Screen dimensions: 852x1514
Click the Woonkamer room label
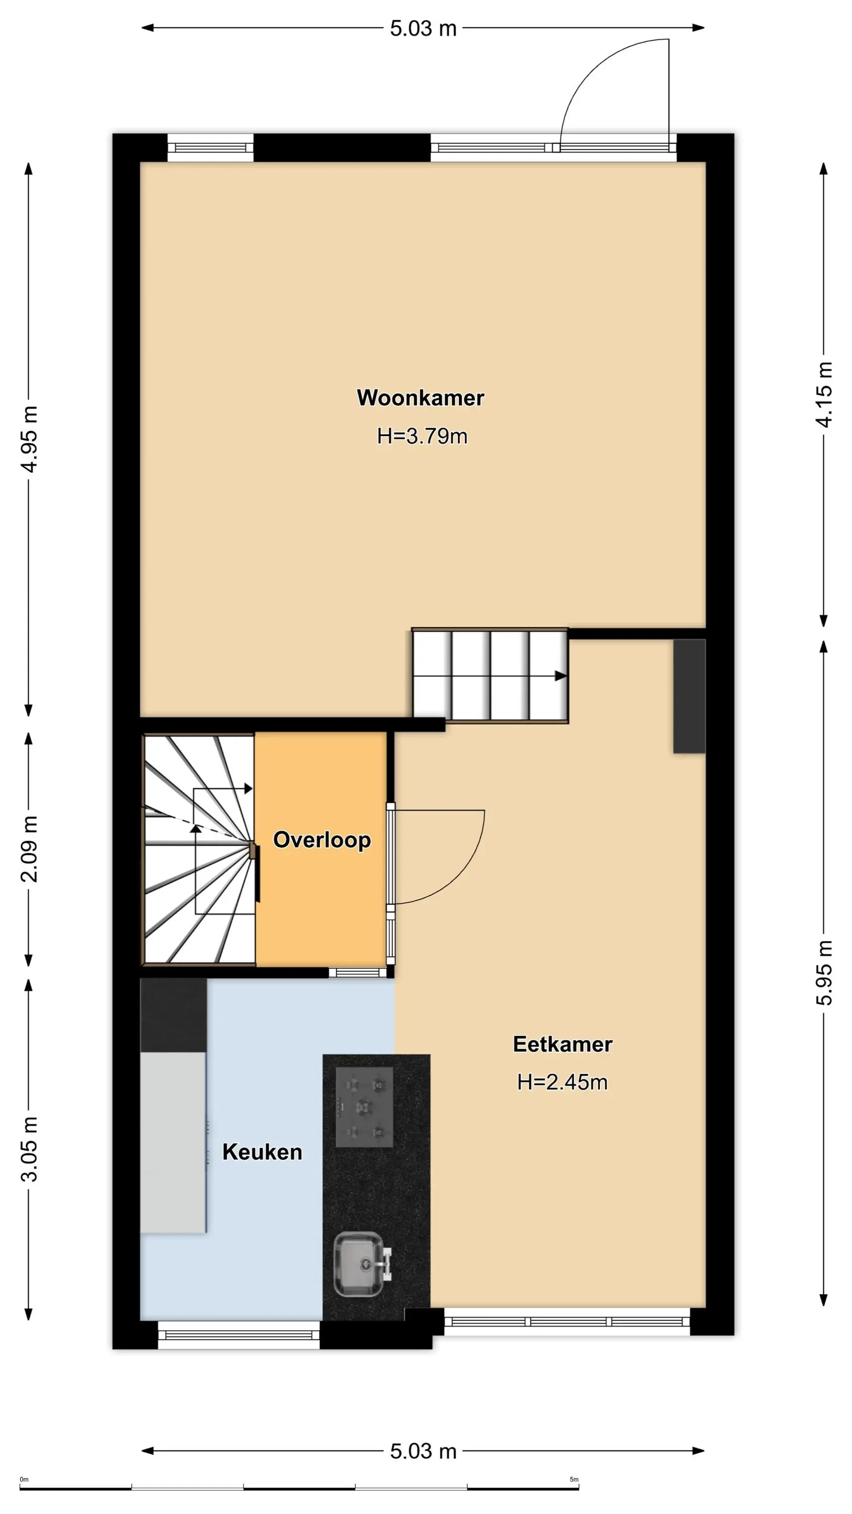pos(420,398)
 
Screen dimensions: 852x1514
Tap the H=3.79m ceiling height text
pos(422,436)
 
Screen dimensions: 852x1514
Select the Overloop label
pos(322,840)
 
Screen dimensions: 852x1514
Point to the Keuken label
pos(262,1152)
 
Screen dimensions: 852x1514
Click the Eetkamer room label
pos(563,1044)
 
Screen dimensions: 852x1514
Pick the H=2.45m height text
pos(562,1082)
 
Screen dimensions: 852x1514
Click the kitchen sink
pos(360,1264)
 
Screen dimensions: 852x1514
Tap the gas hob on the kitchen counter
pos(364,1107)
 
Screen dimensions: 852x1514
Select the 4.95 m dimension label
pos(29,439)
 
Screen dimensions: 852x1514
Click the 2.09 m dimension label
pos(29,849)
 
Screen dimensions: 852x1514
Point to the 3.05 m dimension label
pos(29,1149)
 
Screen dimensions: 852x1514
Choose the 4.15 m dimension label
pos(824,394)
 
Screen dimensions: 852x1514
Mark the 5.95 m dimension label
pos(824,972)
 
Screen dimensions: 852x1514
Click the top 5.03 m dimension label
pos(423,28)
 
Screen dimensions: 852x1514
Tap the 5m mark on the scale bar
pos(574,1479)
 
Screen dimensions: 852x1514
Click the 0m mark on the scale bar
pos(24,1479)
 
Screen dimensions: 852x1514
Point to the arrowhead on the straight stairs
pos(561,676)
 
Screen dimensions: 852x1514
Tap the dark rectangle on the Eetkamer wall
pos(689,696)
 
